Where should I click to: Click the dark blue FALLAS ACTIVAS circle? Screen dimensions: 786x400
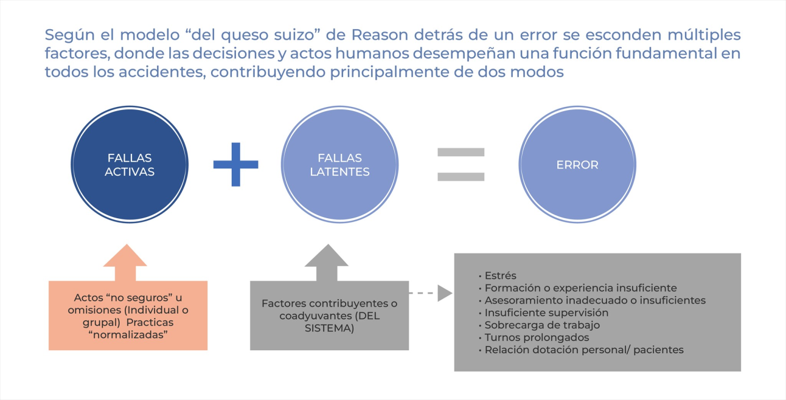[130, 164]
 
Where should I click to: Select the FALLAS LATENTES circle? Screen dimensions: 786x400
[339, 164]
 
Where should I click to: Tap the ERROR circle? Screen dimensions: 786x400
[577, 164]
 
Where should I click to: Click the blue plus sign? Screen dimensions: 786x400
[236, 164]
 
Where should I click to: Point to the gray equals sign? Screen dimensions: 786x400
[461, 164]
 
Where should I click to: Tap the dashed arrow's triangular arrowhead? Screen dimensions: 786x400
[445, 293]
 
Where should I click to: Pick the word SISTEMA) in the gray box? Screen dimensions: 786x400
[329, 328]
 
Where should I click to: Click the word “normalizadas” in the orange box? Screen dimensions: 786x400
[128, 335]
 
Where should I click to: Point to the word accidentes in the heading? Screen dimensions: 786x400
[162, 72]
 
